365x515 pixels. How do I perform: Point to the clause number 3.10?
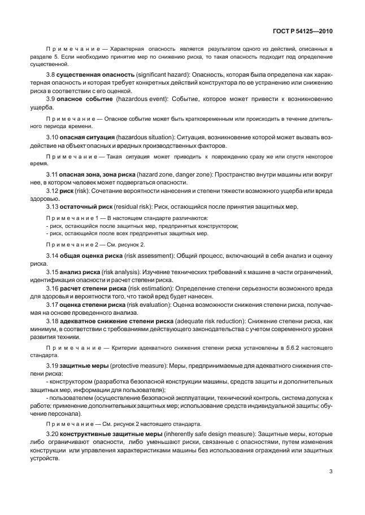point(54,137)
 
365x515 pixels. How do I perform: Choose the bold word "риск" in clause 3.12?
point(67,191)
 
